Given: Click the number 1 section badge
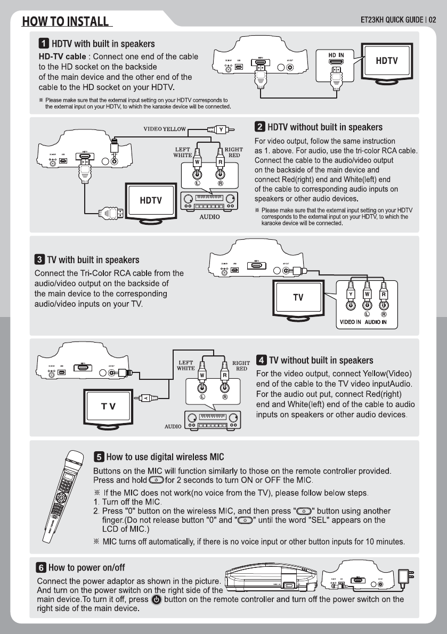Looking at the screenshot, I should [x=43, y=43].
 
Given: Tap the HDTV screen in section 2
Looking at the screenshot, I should [x=151, y=200].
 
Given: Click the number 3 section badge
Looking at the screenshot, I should [x=39, y=260].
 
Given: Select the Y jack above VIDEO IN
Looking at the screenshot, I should [x=351, y=294].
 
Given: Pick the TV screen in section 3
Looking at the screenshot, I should [x=298, y=297].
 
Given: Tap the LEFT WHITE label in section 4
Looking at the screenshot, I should [x=185, y=365].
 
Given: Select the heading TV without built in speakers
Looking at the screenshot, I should [x=321, y=361].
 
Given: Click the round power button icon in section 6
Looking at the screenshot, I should [x=157, y=599].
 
